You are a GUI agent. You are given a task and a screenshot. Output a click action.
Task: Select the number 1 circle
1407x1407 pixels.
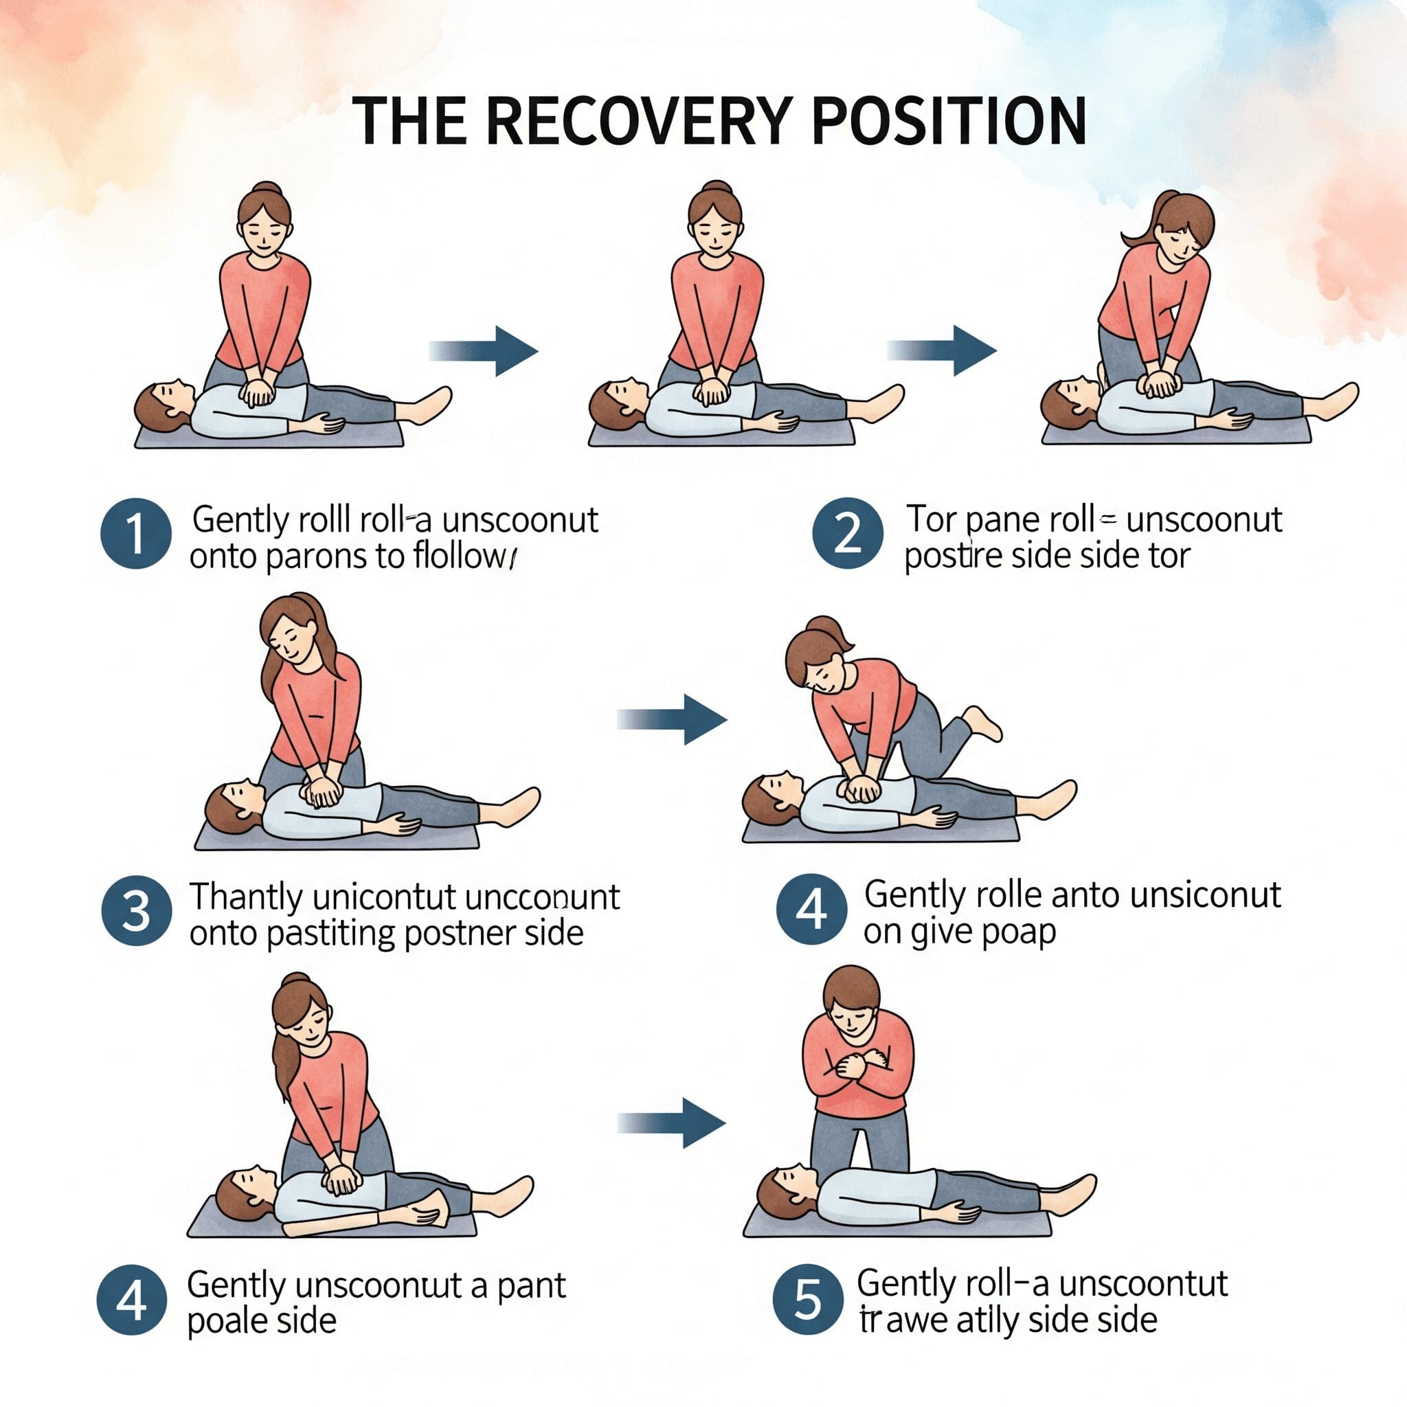point(135,533)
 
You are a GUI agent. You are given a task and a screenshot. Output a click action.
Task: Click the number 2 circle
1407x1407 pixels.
point(848,533)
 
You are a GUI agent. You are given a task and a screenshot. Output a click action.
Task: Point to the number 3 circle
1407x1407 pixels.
point(136,911)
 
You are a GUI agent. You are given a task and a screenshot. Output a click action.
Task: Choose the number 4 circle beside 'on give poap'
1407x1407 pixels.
point(811,909)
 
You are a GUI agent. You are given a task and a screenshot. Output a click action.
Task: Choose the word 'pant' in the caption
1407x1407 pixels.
point(532,1285)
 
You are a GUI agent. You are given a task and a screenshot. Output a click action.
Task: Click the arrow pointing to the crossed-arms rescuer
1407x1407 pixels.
point(671,1123)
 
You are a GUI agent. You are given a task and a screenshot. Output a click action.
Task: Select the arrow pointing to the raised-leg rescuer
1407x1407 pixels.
point(671,719)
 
